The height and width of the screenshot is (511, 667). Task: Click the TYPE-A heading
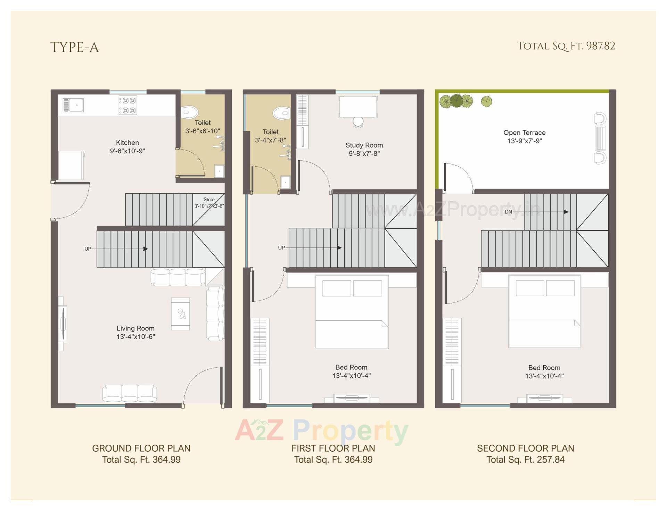point(75,48)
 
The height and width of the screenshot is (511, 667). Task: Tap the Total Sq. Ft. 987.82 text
point(566,46)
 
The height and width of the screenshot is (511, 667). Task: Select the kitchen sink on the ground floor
point(73,105)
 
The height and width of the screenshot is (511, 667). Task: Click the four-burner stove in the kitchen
point(128,105)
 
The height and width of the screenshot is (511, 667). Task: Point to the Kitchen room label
point(127,143)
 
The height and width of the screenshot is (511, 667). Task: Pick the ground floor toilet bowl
point(190,112)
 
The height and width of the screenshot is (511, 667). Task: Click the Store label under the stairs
point(209,200)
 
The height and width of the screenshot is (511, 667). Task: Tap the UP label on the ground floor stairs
point(88,249)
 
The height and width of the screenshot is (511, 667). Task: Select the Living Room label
point(135,328)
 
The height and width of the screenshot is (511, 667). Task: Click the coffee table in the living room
point(181,314)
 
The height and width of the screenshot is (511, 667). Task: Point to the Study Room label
point(364,145)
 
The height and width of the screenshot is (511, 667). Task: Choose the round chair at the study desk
point(358,122)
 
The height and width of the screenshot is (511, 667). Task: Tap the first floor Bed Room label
point(351,367)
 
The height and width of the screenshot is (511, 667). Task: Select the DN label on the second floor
point(508,212)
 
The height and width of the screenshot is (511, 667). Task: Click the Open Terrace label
point(524,133)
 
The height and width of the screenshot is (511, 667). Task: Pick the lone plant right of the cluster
point(487,101)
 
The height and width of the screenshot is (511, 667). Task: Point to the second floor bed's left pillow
point(530,288)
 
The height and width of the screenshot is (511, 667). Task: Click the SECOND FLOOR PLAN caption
point(525,448)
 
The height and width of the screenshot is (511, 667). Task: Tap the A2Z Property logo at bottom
point(321,432)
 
